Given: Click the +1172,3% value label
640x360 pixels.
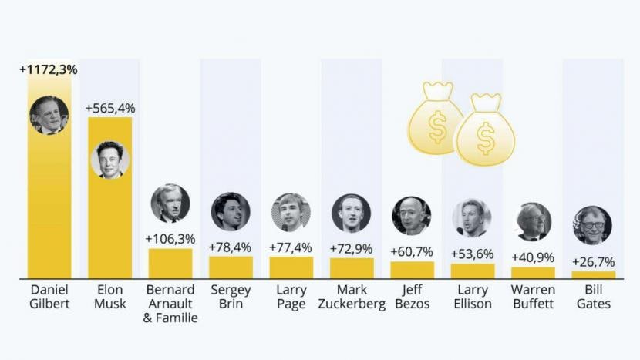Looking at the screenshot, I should tap(49, 69).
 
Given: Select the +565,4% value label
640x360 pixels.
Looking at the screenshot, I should tap(109, 108).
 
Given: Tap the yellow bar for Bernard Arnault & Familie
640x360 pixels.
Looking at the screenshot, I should tap(170, 263).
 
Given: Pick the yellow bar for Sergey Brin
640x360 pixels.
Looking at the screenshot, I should tap(231, 267).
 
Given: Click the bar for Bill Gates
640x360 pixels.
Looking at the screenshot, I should tap(593, 274).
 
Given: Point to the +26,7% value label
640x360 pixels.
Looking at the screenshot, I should tap(593, 261).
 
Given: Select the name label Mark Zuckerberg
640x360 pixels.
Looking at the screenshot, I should tap(351, 297).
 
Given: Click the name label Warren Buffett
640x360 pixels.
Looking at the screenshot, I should tap(533, 297).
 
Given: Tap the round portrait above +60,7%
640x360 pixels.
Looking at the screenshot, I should tap(412, 215).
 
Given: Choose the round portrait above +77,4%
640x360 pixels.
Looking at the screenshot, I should tap(291, 212).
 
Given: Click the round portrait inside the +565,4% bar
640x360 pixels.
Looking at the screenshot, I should tap(109, 160).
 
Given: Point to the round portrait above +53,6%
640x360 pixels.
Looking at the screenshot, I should tap(472, 218).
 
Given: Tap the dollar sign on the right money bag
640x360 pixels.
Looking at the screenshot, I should tap(485, 139).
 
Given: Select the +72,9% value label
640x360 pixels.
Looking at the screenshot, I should tap(351, 248).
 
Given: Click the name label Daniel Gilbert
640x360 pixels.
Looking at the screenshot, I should tap(49, 297).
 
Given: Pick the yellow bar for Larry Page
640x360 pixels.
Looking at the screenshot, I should tap(291, 267).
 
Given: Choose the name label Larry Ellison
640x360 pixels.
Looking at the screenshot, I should tap(472, 297).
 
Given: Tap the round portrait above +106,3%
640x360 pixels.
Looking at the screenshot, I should tap(170, 204).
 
